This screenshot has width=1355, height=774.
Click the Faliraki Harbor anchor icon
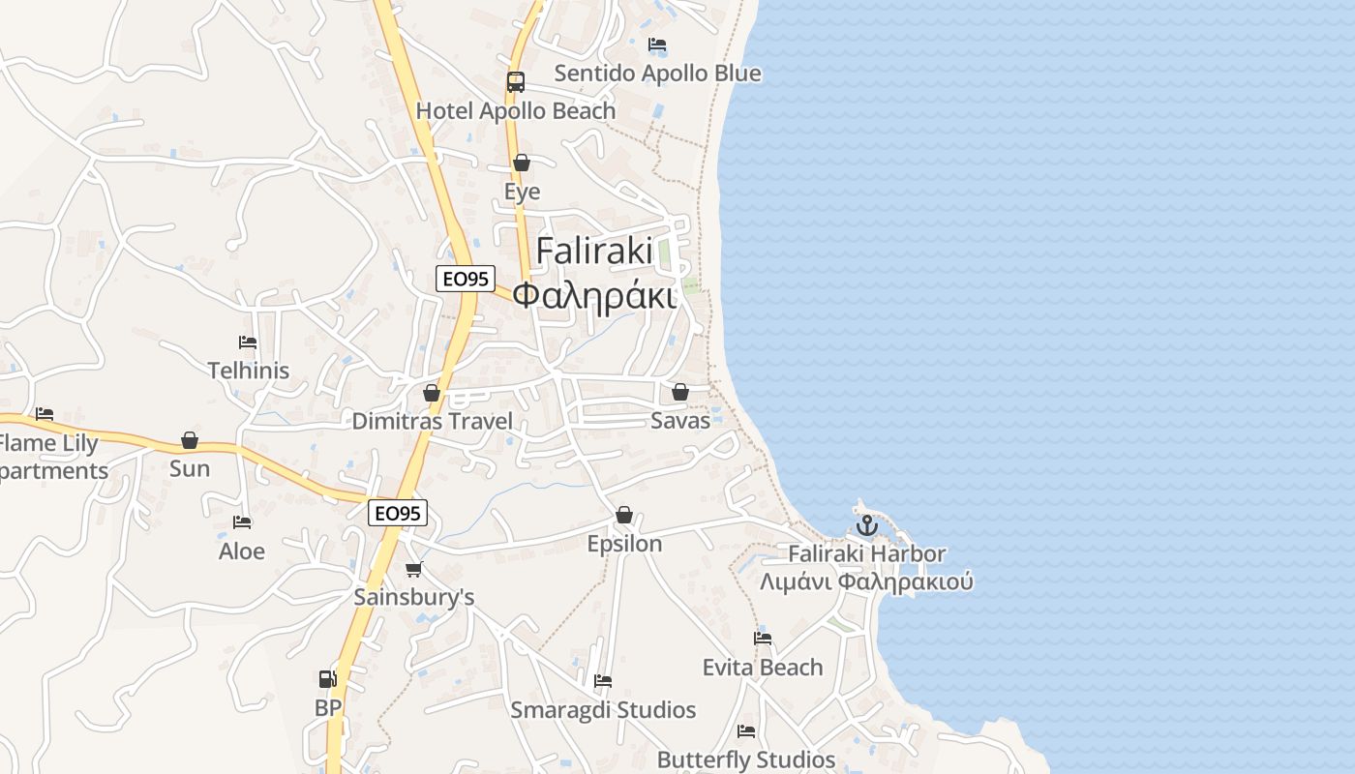(866, 526)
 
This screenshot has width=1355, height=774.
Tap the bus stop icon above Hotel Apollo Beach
(516, 82)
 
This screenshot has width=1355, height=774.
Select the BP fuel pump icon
(328, 679)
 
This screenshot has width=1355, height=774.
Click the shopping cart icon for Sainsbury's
(414, 569)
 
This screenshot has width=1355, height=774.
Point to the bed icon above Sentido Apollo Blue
(657, 45)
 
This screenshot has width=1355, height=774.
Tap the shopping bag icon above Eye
(522, 163)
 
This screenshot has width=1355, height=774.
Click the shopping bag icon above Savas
(680, 392)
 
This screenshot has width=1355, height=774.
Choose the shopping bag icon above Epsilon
(624, 515)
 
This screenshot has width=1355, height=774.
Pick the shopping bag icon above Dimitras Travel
(432, 393)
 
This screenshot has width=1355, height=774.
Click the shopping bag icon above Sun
(190, 441)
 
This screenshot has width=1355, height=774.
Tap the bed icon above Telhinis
(248, 342)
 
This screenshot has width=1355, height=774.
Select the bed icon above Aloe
(242, 522)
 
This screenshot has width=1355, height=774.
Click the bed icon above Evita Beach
(763, 639)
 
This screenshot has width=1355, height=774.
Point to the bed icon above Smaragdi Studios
(603, 681)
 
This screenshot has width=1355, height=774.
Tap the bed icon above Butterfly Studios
(746, 730)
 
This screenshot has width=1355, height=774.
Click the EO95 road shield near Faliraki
(466, 279)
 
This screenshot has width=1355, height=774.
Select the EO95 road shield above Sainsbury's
(398, 513)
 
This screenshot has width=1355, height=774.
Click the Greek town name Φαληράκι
(594, 295)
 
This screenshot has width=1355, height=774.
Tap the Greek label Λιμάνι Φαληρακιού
(866, 582)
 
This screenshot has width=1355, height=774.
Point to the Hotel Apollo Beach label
(516, 111)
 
